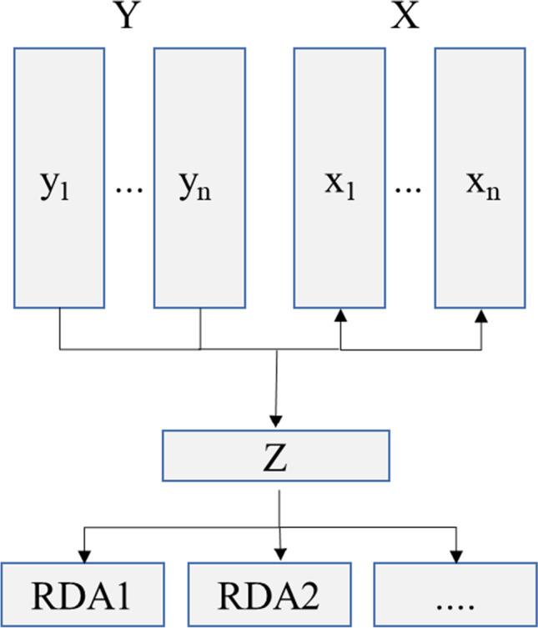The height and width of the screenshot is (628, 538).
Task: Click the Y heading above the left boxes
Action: [x=125, y=16]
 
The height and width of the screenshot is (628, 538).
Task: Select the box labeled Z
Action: [x=275, y=455]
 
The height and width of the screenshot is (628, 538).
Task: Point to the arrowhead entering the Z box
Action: [x=277, y=421]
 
